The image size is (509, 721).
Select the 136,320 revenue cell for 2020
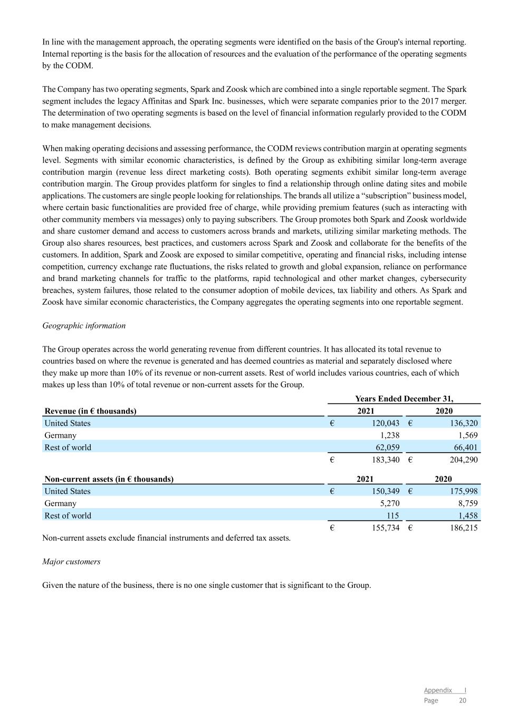tap(460, 423)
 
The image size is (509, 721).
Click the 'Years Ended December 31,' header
tap(404, 399)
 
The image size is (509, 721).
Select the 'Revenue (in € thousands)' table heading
tap(90, 411)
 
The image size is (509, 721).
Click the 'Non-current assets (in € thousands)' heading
tap(109, 479)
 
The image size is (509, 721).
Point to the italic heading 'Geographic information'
tap(84, 325)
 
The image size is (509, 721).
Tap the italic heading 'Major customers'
tap(71, 561)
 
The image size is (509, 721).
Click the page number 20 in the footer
tap(463, 700)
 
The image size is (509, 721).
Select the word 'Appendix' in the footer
tap(438, 690)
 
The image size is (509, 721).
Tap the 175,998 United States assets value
tap(460, 491)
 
